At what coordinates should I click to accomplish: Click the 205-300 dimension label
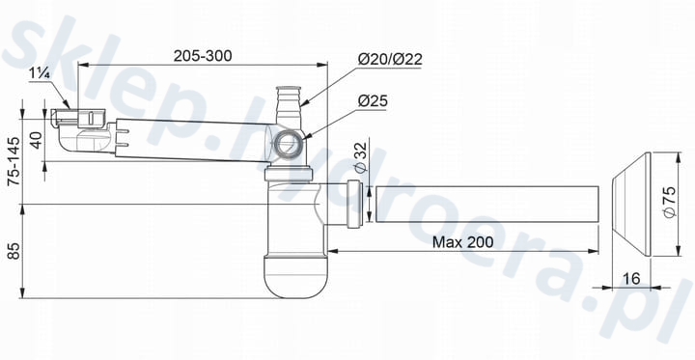point(203,56)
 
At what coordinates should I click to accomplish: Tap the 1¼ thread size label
point(40,73)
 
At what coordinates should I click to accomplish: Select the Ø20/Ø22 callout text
point(390,60)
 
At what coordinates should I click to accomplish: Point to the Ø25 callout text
point(373,101)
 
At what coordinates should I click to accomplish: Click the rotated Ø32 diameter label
point(361,157)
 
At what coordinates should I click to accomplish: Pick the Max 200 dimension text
point(462,242)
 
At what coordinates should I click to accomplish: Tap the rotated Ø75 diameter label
point(670,202)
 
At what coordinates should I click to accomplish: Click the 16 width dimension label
point(631,279)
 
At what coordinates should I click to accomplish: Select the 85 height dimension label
point(14,251)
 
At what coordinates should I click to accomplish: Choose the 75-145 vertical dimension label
point(14,161)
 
